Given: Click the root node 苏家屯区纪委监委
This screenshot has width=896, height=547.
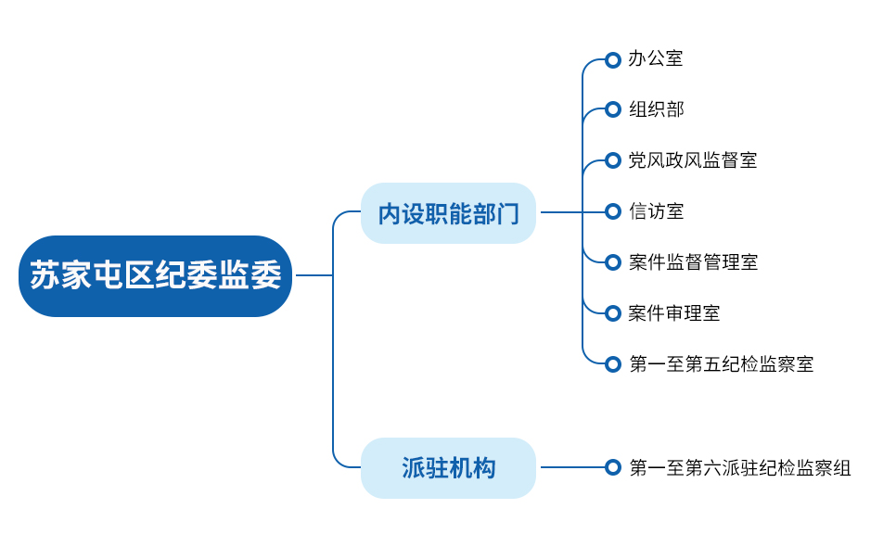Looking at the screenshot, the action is [x=156, y=275].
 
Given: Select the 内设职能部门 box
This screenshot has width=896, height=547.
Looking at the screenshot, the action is [x=449, y=213].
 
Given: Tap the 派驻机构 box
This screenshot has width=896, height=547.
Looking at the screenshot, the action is [x=449, y=468].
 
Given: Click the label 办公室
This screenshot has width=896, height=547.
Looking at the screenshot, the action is [x=656, y=58].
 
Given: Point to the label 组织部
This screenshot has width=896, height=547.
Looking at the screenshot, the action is [x=656, y=109].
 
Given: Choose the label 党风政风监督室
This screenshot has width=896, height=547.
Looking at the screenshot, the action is [x=693, y=160].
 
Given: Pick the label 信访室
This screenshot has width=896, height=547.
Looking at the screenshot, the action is [x=656, y=211].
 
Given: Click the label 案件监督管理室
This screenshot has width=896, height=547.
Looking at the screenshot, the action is [x=693, y=262].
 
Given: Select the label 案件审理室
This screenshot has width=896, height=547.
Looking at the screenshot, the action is [x=674, y=312].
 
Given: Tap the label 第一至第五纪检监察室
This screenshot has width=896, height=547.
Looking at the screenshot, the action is [x=721, y=363].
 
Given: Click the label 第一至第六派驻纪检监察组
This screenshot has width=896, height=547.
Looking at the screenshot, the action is [x=740, y=467].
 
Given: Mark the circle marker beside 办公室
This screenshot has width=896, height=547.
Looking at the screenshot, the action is [x=612, y=59].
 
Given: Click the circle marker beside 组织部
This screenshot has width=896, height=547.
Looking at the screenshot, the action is [x=612, y=109].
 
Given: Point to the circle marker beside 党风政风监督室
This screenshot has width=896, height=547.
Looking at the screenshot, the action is [x=612, y=160].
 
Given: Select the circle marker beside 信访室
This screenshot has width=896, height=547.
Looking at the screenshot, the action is [x=612, y=211].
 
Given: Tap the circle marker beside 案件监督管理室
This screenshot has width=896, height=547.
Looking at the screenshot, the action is [x=612, y=262].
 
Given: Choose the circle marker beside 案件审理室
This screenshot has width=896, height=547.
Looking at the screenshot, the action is [x=612, y=312].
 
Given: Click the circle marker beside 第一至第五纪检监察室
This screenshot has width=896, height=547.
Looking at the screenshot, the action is [x=612, y=363].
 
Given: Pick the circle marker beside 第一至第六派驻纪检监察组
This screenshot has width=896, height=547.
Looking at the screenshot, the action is [x=612, y=467].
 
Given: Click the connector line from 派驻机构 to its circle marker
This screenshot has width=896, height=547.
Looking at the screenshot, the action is [x=572, y=467].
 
